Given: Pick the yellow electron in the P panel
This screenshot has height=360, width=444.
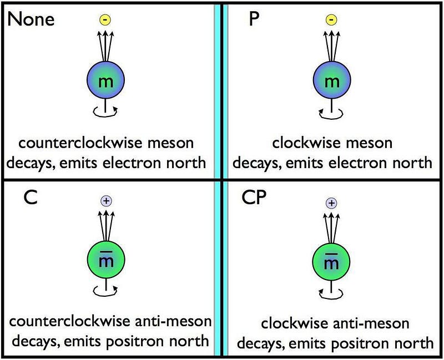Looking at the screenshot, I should pos(331,20).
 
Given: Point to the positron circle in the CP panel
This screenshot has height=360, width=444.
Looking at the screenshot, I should pos(331,203).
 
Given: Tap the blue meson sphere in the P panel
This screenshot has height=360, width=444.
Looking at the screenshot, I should pos(331,82).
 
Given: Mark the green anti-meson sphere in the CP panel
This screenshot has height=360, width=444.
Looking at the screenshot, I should pos(331,262).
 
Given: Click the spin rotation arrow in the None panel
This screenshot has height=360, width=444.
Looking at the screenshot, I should pos(105,113).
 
